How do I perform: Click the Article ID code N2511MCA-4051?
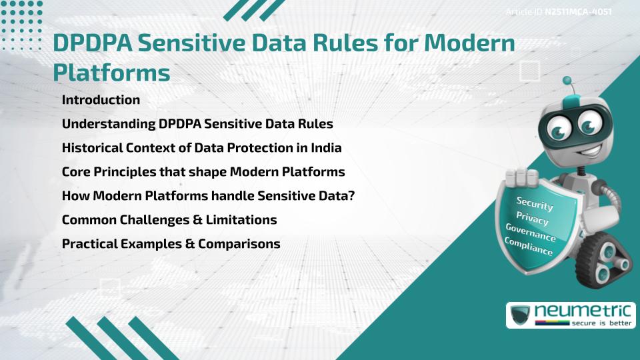(578, 11)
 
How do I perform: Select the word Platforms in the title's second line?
(111, 72)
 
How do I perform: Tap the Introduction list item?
(101, 100)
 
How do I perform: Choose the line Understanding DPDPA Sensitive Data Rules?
(197, 124)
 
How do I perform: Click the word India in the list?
(326, 148)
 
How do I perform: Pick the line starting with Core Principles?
(203, 172)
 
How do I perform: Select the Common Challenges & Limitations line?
(169, 219)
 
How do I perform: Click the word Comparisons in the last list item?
(243, 243)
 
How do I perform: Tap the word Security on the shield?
(535, 203)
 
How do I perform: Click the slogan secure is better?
(599, 323)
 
